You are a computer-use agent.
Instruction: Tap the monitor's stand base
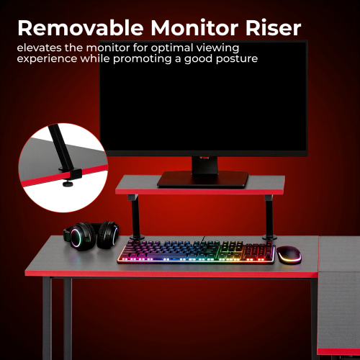203,179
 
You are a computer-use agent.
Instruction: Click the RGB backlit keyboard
196,251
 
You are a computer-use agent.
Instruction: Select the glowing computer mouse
289,254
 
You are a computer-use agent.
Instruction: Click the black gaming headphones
94,235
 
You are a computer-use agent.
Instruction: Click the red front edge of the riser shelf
199,191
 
